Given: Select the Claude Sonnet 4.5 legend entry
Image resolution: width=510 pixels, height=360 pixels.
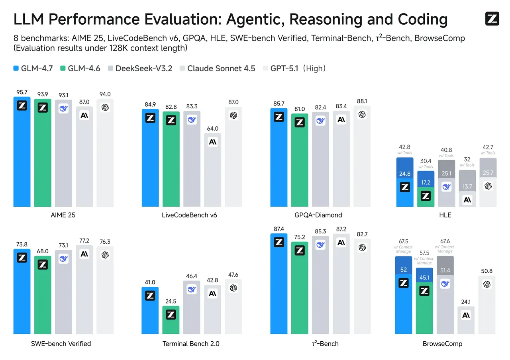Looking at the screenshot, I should click(x=217, y=68).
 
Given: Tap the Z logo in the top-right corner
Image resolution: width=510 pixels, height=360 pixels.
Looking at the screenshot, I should click(x=492, y=19).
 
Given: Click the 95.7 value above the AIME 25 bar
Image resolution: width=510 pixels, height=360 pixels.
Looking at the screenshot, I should click(x=22, y=92).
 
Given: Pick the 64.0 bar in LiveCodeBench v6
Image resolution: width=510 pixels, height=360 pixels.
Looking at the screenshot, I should click(x=213, y=169).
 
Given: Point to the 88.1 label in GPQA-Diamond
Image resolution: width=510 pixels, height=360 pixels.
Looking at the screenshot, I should click(x=362, y=101).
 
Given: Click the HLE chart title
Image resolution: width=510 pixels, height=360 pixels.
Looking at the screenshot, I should click(x=445, y=215).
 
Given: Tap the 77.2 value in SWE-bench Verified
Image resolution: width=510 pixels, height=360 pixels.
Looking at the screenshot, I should click(x=84, y=241).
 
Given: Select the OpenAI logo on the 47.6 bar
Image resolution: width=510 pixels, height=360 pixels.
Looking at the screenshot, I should click(x=233, y=288).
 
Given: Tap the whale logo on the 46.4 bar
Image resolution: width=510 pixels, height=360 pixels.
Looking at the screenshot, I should click(x=192, y=290).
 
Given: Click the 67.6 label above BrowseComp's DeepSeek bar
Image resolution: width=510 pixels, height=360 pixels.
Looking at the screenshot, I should click(x=445, y=241).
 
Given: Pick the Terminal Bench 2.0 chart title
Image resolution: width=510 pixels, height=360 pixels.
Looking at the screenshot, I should click(x=191, y=344).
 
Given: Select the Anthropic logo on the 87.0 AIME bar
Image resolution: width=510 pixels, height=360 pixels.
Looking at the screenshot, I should click(x=84, y=115).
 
